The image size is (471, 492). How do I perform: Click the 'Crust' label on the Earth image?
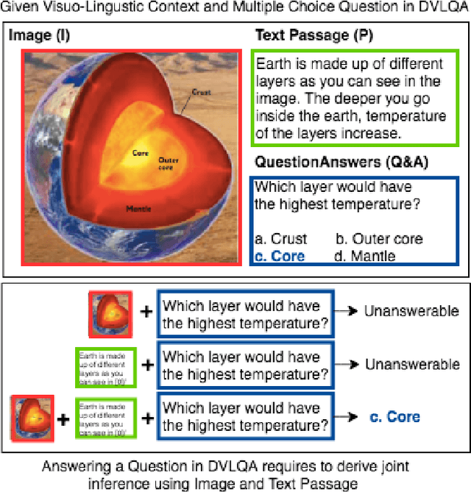[201, 93]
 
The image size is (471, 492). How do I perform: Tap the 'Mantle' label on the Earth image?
[138, 208]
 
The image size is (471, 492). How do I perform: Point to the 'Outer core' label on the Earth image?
[168, 161]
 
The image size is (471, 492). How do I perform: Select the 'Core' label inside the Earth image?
[141, 154]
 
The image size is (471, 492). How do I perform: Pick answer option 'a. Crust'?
[281, 239]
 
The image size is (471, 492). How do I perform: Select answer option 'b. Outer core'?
[379, 239]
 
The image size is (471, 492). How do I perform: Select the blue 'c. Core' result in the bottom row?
[394, 417]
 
